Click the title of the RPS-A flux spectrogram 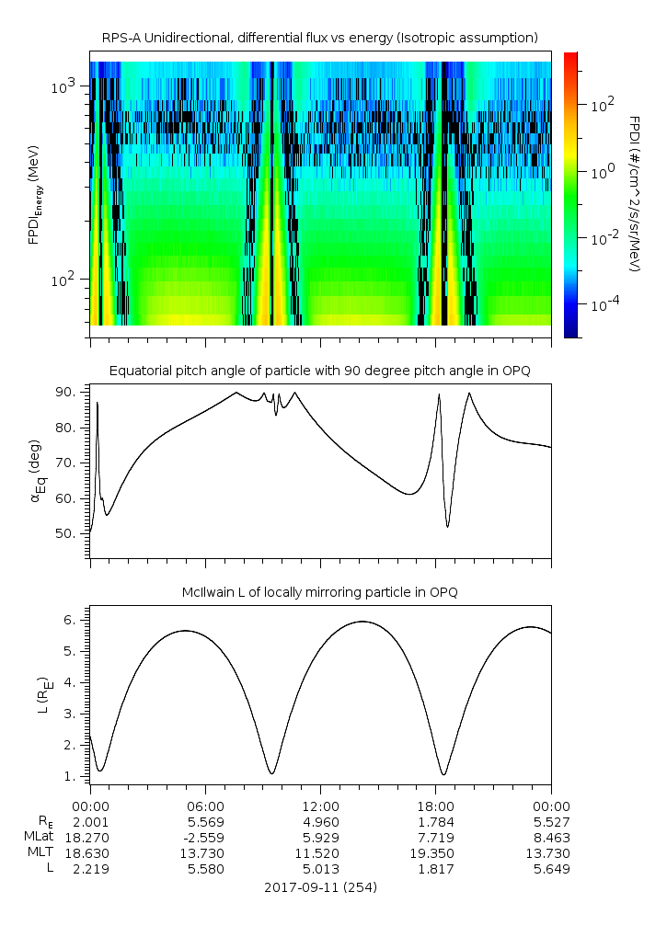[x=319, y=38]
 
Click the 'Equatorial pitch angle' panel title [x=319, y=371]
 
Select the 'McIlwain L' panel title [x=319, y=592]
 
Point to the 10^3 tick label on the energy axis [x=67, y=86]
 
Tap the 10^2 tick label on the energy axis [x=67, y=280]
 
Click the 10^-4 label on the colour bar [x=604, y=303]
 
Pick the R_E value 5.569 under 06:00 [x=204, y=820]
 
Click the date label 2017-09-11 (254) [x=319, y=887]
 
